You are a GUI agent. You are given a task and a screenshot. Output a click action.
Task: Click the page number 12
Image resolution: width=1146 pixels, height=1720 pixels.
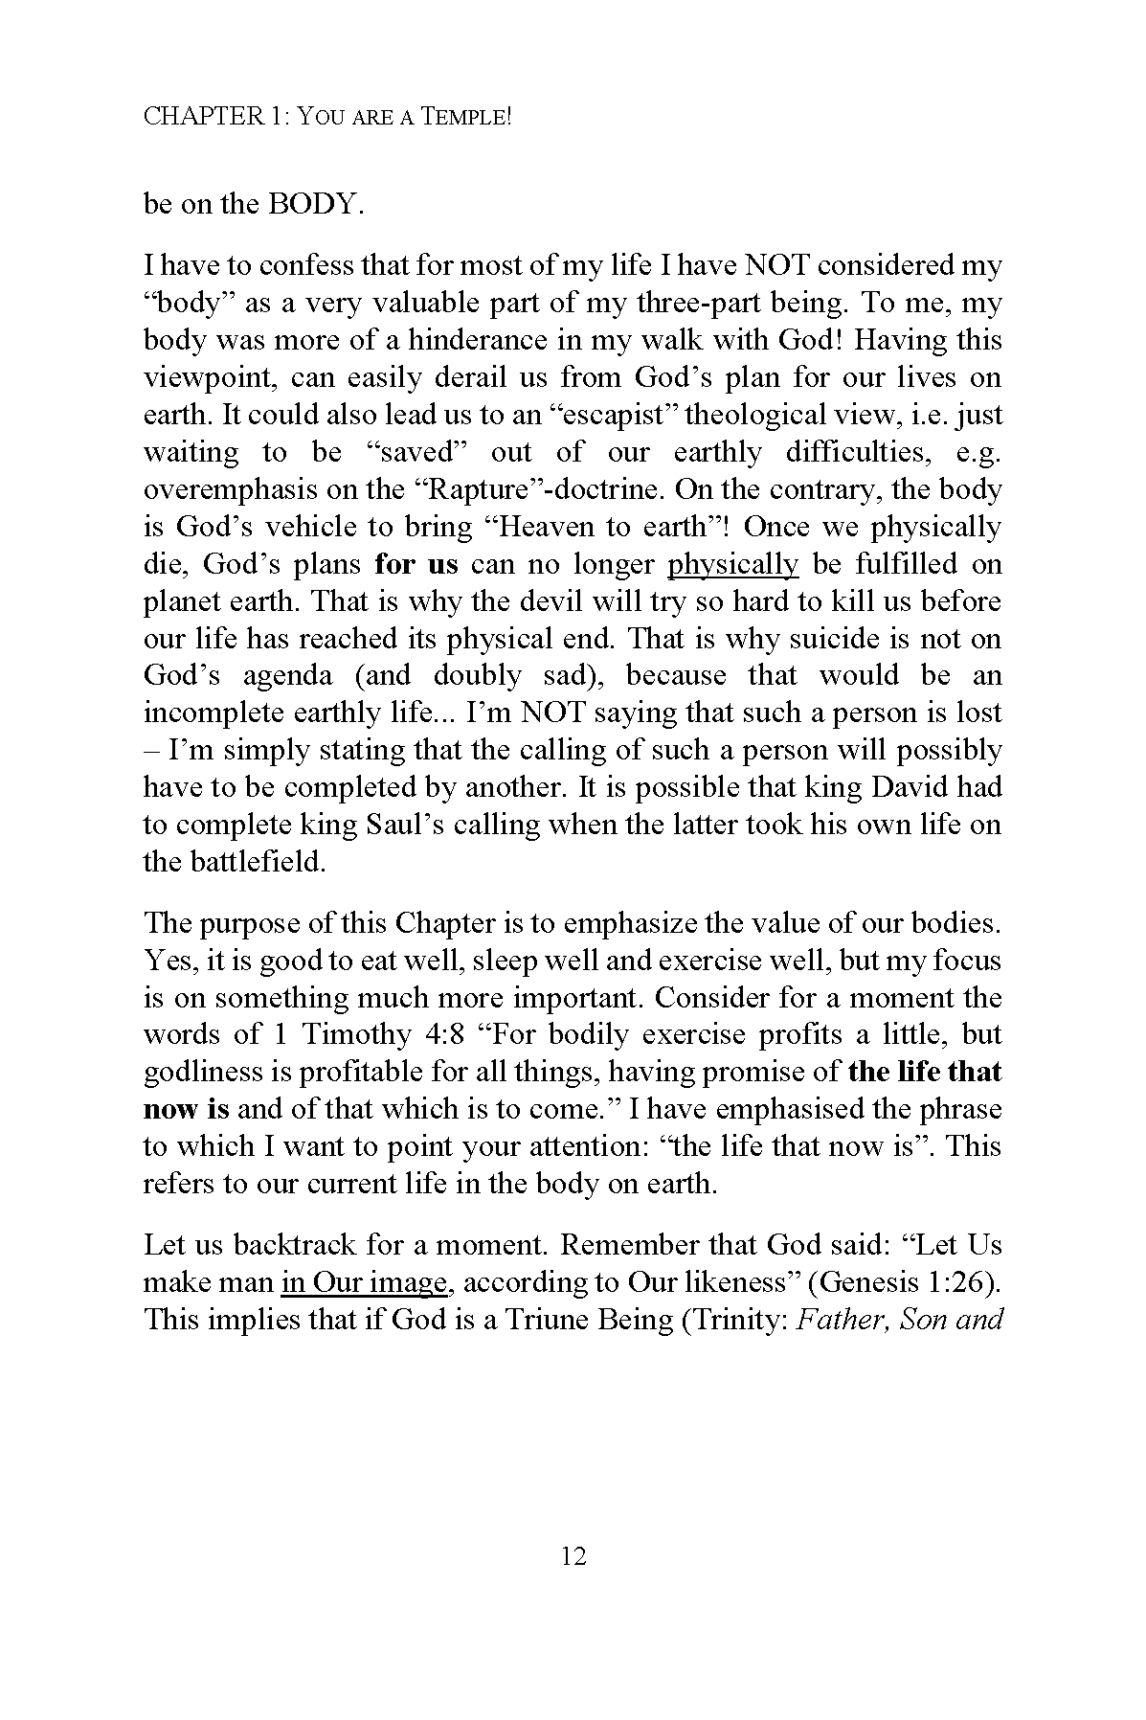pyautogui.click(x=573, y=1555)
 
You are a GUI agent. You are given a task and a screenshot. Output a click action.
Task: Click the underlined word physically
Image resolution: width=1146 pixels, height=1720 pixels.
pyautogui.click(x=732, y=564)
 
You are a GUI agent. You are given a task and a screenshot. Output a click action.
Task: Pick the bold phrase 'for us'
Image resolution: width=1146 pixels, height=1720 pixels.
pyautogui.click(x=416, y=564)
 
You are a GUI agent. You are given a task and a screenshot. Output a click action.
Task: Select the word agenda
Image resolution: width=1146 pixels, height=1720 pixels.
pyautogui.click(x=287, y=676)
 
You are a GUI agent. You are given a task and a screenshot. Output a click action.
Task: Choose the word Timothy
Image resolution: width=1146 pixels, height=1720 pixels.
pyautogui.click(x=356, y=1035)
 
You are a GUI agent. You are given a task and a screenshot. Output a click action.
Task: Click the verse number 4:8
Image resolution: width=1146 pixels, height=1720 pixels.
pyautogui.click(x=450, y=1035)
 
